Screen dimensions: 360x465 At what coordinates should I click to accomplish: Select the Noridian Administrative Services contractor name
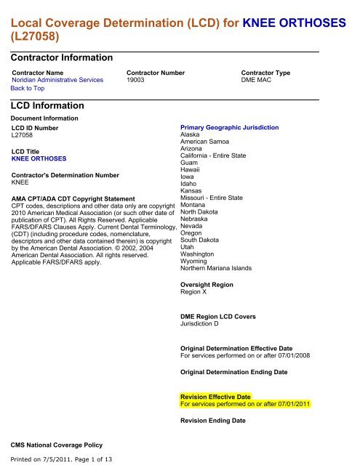click(x=57, y=80)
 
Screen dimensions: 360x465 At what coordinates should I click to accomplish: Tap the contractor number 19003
click(x=137, y=80)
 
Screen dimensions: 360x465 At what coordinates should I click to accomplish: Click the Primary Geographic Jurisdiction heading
click(x=229, y=127)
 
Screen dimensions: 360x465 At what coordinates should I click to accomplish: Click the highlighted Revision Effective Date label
click(x=215, y=397)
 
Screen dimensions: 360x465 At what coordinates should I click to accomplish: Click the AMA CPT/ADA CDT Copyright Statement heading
click(x=73, y=198)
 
